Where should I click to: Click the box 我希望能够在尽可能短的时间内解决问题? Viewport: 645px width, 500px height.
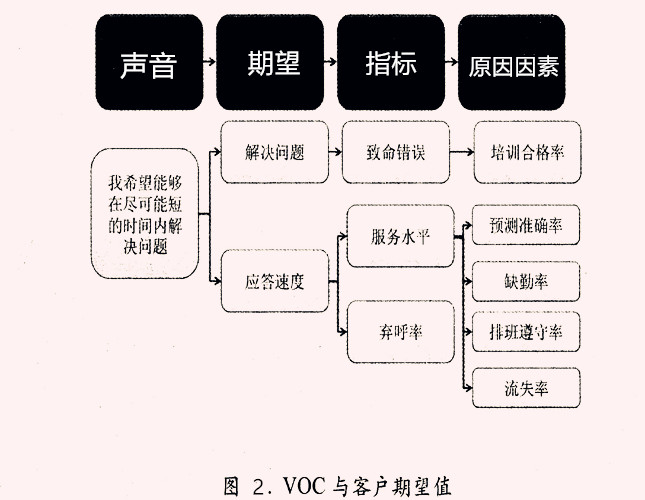144,214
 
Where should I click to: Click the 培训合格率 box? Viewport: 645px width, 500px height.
527,153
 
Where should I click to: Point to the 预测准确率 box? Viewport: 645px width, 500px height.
526,226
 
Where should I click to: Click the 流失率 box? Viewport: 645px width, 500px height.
526,386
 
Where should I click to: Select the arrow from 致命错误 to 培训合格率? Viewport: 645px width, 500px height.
459,153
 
